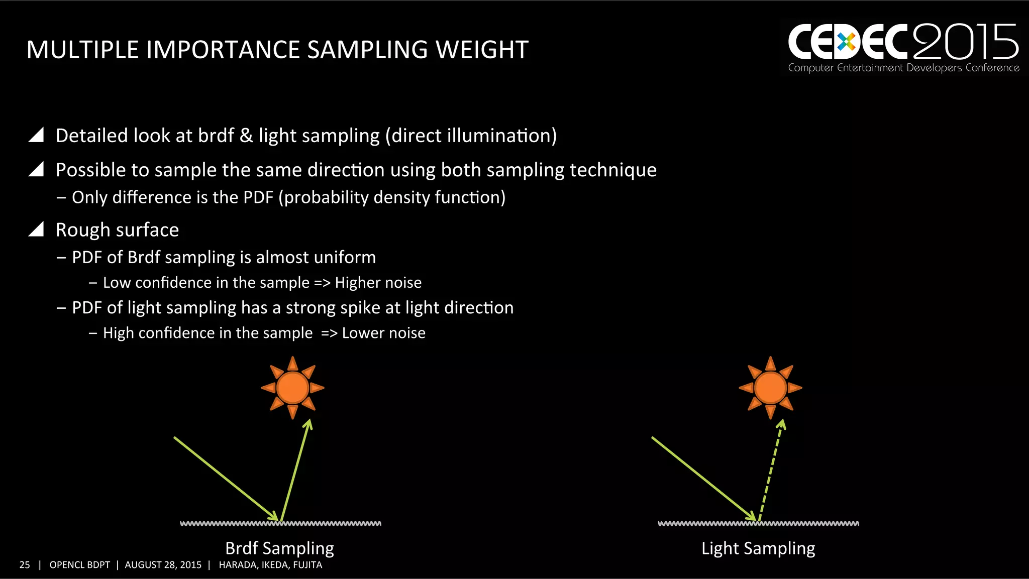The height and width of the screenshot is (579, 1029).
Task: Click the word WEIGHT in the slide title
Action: tap(481, 50)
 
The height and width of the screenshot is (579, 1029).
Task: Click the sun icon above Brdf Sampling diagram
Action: tap(292, 388)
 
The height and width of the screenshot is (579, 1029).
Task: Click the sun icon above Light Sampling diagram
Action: tap(770, 388)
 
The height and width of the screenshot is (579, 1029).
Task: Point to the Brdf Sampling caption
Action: tap(279, 548)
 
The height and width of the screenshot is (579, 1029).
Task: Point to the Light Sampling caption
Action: tap(758, 548)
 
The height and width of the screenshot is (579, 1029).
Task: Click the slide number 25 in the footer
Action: tap(25, 565)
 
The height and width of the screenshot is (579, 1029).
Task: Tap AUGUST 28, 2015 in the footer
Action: tap(163, 565)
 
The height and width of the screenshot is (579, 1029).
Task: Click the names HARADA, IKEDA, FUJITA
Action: tap(270, 565)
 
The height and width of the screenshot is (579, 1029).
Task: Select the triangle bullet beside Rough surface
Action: tap(36, 229)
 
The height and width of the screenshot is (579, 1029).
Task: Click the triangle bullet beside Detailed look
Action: tap(36, 135)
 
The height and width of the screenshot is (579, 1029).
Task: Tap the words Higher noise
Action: tap(378, 283)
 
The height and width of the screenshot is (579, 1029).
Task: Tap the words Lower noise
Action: tap(383, 333)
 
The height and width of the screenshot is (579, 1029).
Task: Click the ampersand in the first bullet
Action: tap(246, 136)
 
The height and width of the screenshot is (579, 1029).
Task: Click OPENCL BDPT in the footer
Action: tap(79, 565)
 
